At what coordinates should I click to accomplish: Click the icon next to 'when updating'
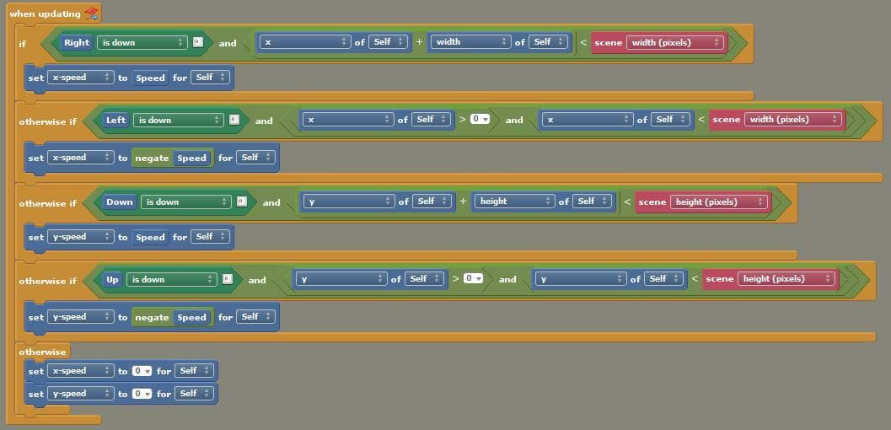(90, 13)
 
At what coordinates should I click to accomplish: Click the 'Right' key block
(77, 43)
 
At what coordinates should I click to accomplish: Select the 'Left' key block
(116, 120)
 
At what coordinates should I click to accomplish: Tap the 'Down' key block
(120, 202)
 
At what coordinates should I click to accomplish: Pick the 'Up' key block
(112, 279)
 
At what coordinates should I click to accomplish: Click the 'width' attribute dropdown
(470, 42)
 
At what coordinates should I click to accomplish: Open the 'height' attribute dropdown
(515, 201)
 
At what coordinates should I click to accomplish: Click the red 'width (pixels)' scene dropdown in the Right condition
(676, 43)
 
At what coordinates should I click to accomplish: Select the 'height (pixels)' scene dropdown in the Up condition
(786, 279)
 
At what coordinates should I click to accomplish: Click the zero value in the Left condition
(480, 119)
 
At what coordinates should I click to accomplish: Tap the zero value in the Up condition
(473, 278)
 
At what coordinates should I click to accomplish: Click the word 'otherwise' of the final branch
(43, 352)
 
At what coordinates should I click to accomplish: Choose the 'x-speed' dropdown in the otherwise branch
(80, 371)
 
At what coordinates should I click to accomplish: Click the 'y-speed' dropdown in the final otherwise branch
(80, 394)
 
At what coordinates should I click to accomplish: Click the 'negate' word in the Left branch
(152, 158)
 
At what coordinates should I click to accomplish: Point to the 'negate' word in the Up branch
(152, 318)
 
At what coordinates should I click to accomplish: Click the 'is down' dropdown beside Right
(142, 43)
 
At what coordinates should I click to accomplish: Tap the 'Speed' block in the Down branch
(150, 238)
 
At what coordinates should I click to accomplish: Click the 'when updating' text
(45, 13)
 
